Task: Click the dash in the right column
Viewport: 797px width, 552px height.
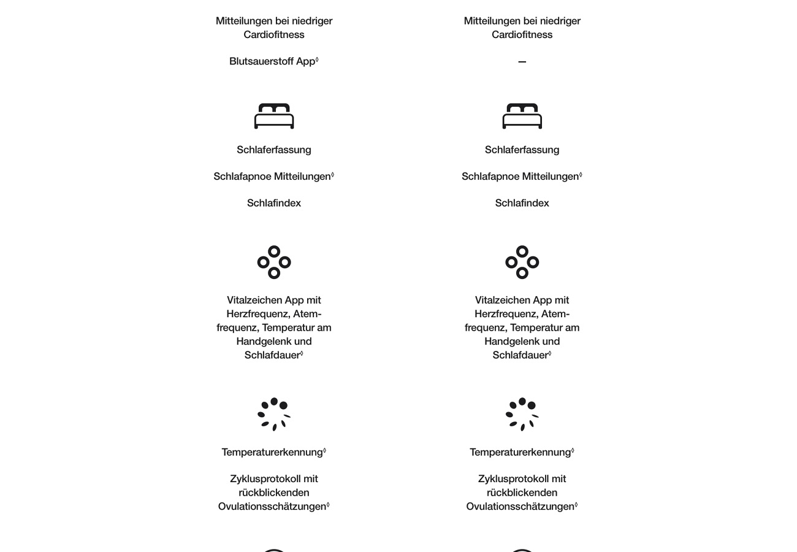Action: click(x=522, y=62)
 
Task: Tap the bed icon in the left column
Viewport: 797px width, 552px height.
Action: click(x=274, y=116)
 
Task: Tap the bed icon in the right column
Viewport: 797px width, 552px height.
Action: click(x=522, y=116)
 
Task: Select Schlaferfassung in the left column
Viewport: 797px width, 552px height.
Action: click(x=274, y=150)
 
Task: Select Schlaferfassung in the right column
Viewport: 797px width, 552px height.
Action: click(x=522, y=150)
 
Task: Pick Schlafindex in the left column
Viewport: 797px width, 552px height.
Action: click(x=274, y=203)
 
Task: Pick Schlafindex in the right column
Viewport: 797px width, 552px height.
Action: click(x=522, y=203)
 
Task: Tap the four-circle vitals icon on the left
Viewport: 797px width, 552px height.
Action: click(x=274, y=263)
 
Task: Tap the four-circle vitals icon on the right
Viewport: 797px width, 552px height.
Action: click(x=522, y=263)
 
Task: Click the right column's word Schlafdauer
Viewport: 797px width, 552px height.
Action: click(x=520, y=355)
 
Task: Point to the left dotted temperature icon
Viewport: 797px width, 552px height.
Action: click(x=274, y=414)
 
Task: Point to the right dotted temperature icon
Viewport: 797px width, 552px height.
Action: click(x=522, y=414)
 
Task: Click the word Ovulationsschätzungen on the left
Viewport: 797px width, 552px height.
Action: click(x=272, y=507)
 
